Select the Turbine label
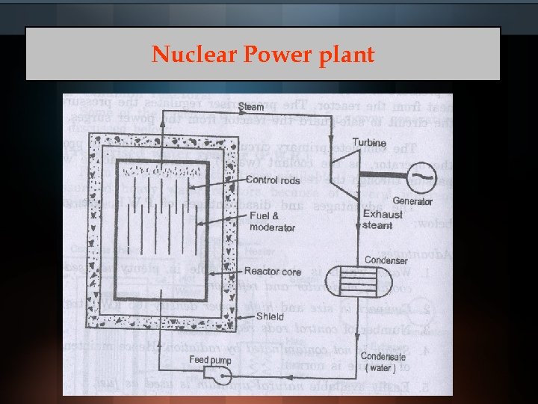pyautogui.click(x=369, y=143)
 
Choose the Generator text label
pyautogui.click(x=412, y=202)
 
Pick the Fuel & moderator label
pyautogui.click(x=273, y=222)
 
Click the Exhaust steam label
pyautogui.click(x=383, y=219)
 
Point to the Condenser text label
pyautogui.click(x=386, y=260)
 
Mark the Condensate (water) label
pyautogui.click(x=386, y=362)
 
